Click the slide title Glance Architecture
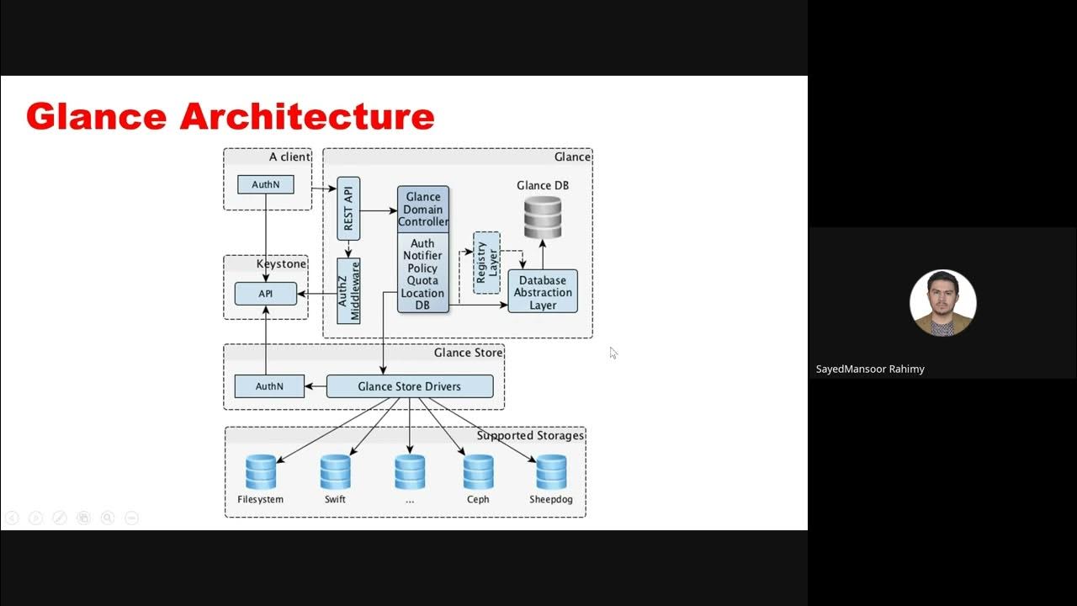(x=230, y=116)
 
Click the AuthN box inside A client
(x=266, y=184)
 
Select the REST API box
(x=348, y=208)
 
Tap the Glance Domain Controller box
(x=423, y=210)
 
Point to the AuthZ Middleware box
(x=348, y=291)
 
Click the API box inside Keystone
(x=266, y=294)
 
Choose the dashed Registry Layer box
(x=486, y=263)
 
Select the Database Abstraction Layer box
(x=543, y=292)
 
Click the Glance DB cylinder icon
(x=543, y=217)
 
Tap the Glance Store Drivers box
(x=410, y=386)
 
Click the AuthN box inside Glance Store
(x=269, y=386)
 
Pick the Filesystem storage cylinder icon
(x=261, y=472)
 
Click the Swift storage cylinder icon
(x=335, y=472)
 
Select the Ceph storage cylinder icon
(x=478, y=472)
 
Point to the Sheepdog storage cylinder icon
(x=551, y=472)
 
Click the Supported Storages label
(x=530, y=436)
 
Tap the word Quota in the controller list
(x=422, y=280)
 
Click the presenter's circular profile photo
(x=942, y=303)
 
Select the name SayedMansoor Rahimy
(x=870, y=369)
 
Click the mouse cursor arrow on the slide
(x=613, y=353)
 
